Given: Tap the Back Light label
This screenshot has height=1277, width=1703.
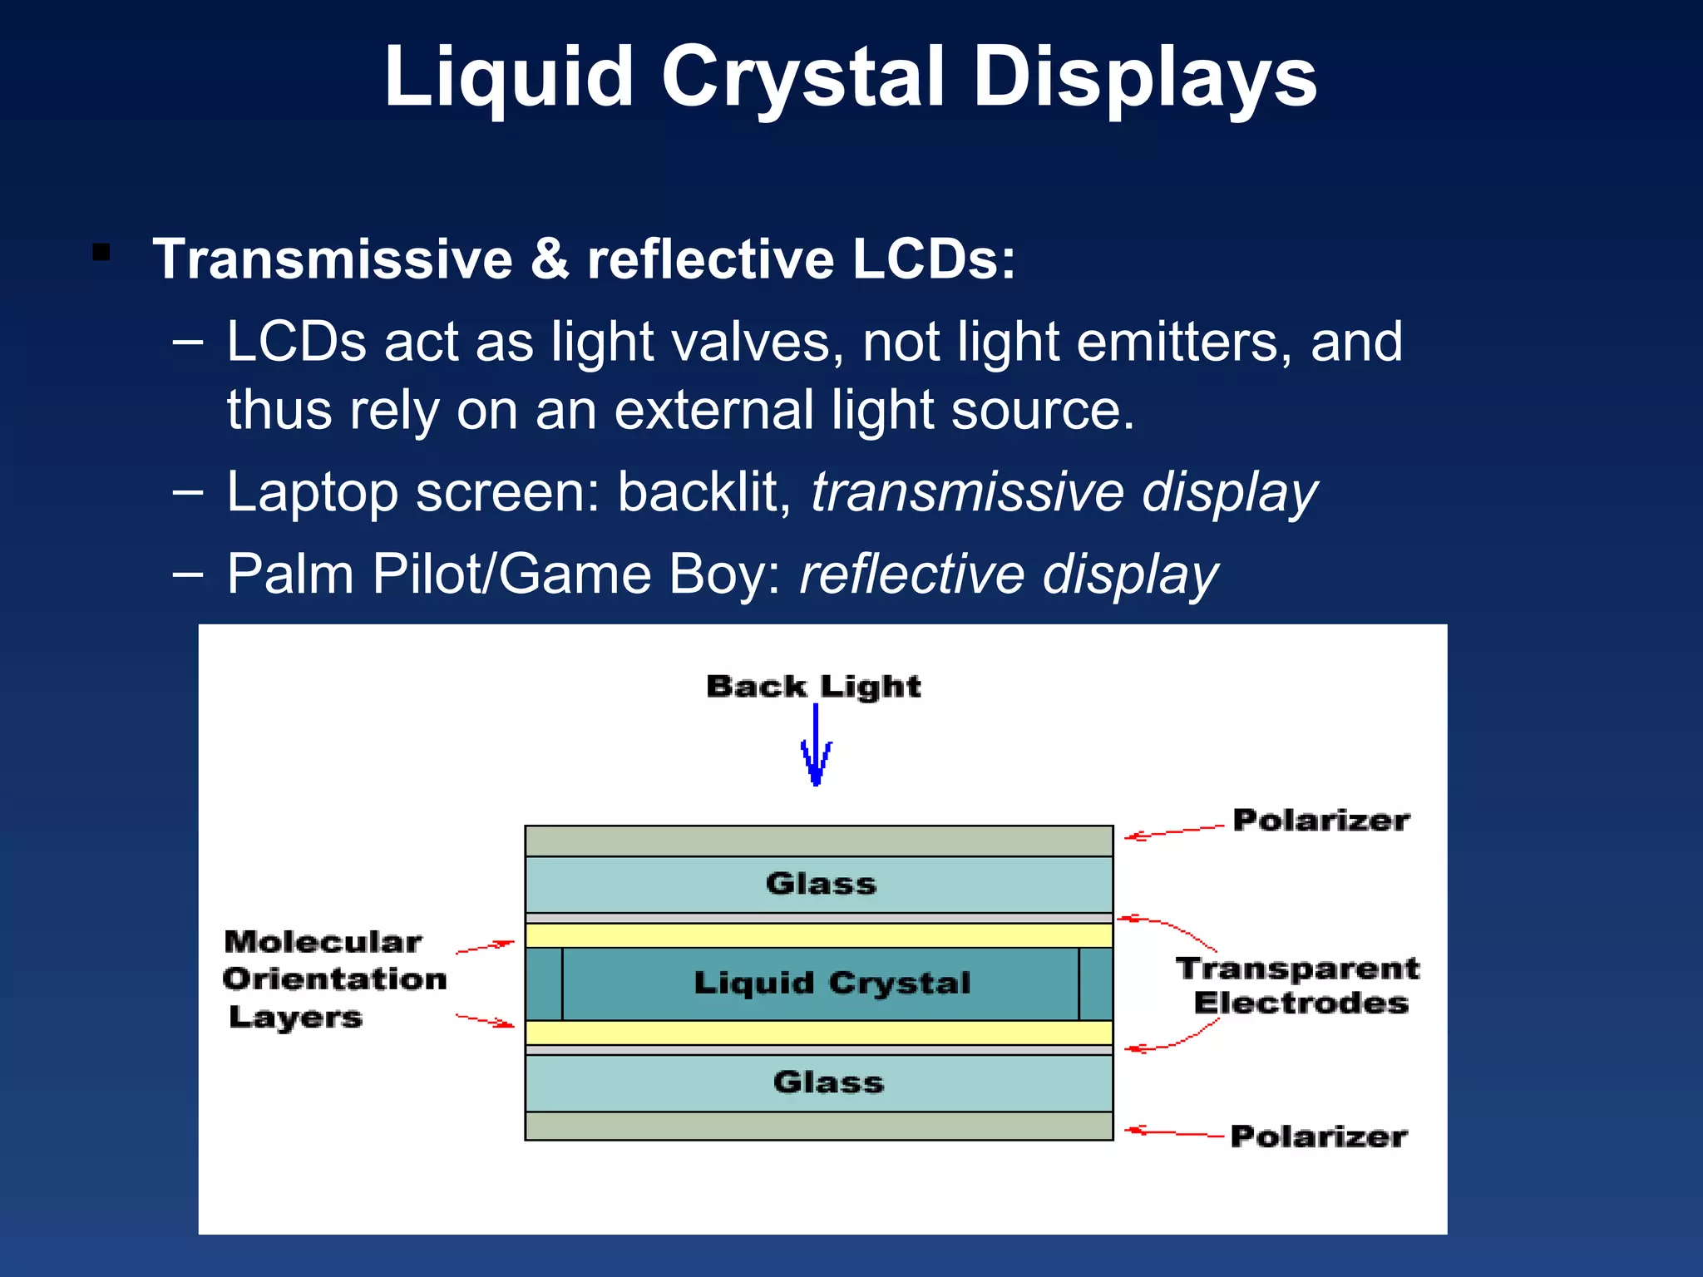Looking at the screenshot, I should point(813,687).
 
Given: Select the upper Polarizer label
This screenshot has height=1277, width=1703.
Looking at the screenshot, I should point(1320,821).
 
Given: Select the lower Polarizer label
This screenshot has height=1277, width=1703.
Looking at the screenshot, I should point(1318,1136).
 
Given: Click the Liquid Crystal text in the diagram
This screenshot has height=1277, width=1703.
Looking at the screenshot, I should point(832,983).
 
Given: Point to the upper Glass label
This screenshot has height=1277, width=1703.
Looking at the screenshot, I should point(821,884).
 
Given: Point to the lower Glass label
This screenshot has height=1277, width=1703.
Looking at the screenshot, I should point(828,1082).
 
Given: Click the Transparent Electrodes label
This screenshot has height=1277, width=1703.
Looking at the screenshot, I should point(1298,986).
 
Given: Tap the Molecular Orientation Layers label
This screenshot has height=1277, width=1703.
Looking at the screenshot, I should point(334,979).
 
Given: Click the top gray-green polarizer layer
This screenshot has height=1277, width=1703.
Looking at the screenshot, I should point(818,841).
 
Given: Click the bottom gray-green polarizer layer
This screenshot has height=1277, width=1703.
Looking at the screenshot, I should point(818,1127).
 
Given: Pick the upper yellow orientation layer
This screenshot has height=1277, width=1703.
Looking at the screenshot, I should point(818,935).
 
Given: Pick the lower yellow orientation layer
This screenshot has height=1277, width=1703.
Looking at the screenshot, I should point(818,1033).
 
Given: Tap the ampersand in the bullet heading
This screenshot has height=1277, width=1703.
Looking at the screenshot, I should point(550,259).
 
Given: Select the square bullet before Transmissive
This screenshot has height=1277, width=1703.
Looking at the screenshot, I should point(101,252).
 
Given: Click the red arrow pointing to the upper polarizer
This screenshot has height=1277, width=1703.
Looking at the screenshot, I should point(1172,831).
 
